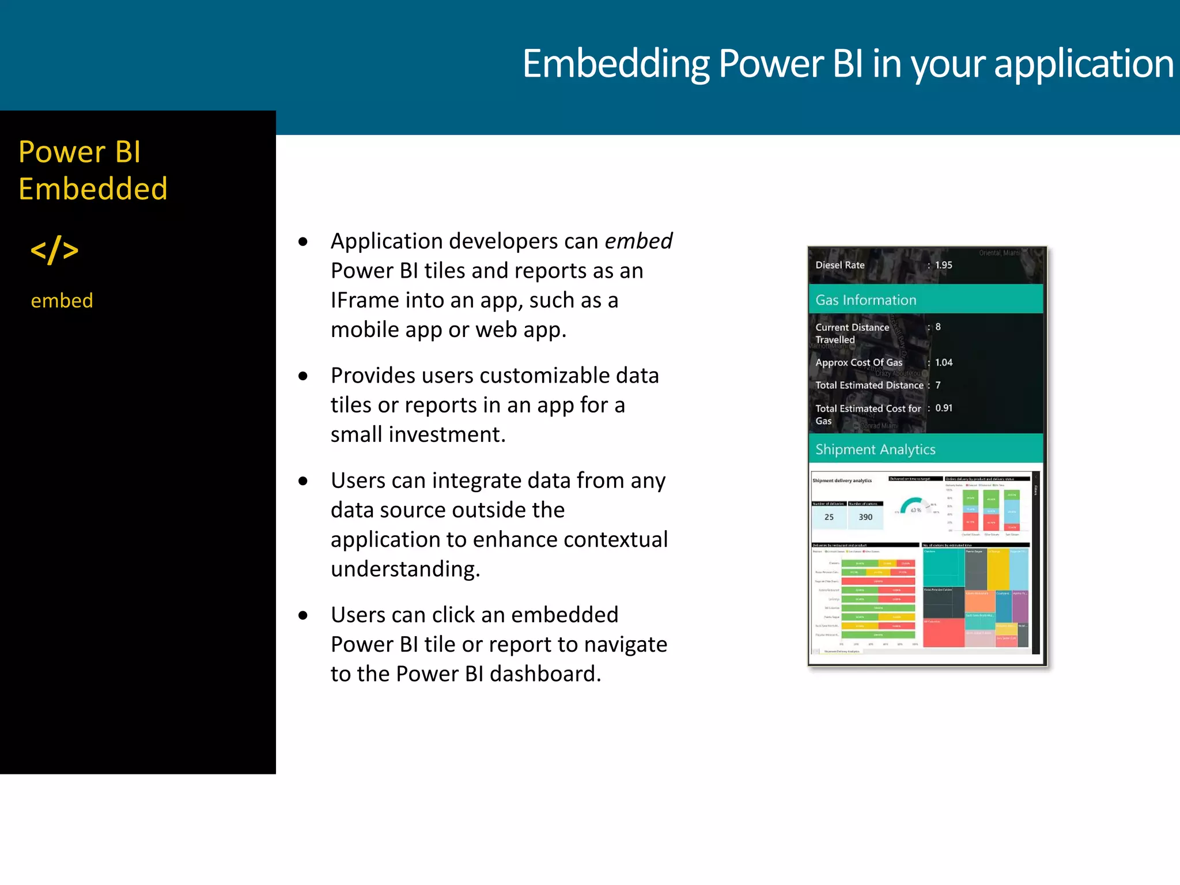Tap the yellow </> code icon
pyautogui.click(x=54, y=250)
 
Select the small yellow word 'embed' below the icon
pyautogui.click(x=62, y=301)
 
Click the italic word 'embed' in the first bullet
pyautogui.click(x=638, y=241)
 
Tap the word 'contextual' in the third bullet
pyautogui.click(x=615, y=539)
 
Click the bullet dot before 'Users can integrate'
pyautogui.click(x=303, y=481)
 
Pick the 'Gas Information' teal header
pyautogui.click(x=865, y=300)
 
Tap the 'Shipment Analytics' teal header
pyautogui.click(x=875, y=449)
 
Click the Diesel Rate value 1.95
pyautogui.click(x=943, y=265)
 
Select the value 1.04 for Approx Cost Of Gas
pyautogui.click(x=943, y=362)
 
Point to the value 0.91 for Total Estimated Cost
pyautogui.click(x=943, y=408)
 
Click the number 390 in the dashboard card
pyautogui.click(x=865, y=517)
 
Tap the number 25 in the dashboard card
pyautogui.click(x=829, y=517)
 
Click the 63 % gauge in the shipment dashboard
pyautogui.click(x=914, y=507)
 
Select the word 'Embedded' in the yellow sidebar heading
pyautogui.click(x=93, y=189)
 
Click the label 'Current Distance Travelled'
pyautogui.click(x=852, y=333)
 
